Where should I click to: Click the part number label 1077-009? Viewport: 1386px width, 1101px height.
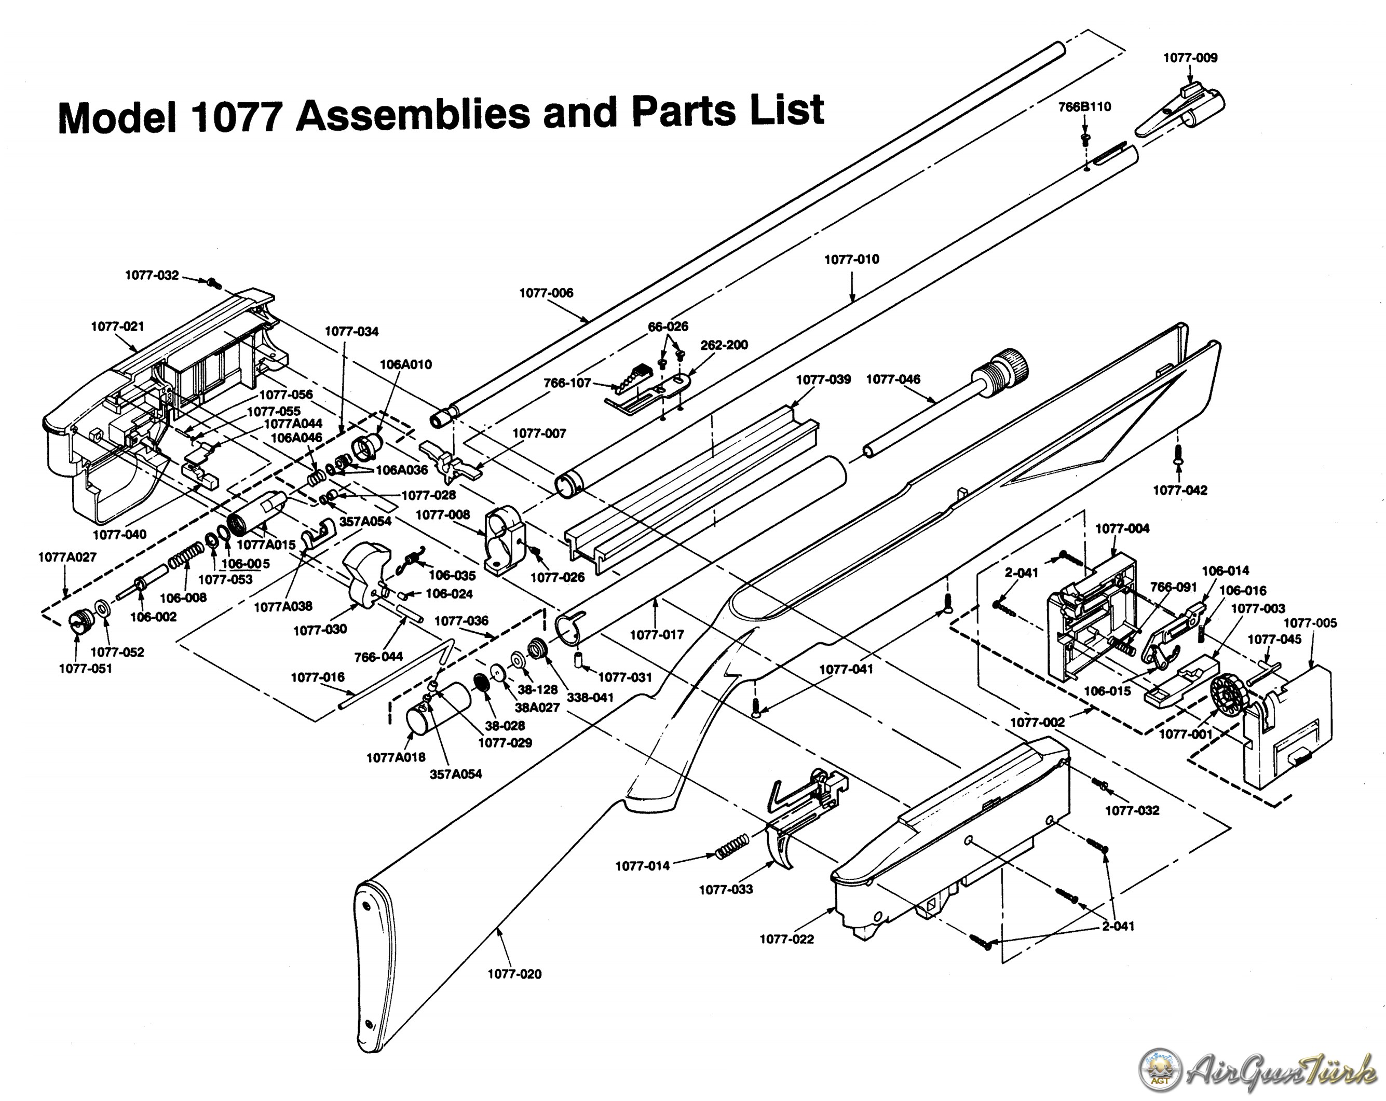(x=1190, y=58)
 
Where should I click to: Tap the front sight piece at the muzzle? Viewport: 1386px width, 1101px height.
(x=1179, y=111)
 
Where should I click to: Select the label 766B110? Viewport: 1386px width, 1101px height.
(x=1084, y=107)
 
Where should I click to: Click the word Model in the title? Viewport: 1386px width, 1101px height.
(x=116, y=118)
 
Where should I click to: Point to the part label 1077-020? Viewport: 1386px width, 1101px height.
(x=514, y=974)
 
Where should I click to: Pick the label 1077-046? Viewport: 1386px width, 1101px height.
(x=893, y=379)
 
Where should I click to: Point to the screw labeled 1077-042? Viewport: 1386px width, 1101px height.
(x=1179, y=456)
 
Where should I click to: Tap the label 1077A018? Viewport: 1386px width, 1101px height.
(x=396, y=757)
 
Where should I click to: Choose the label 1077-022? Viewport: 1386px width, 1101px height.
(x=786, y=939)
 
